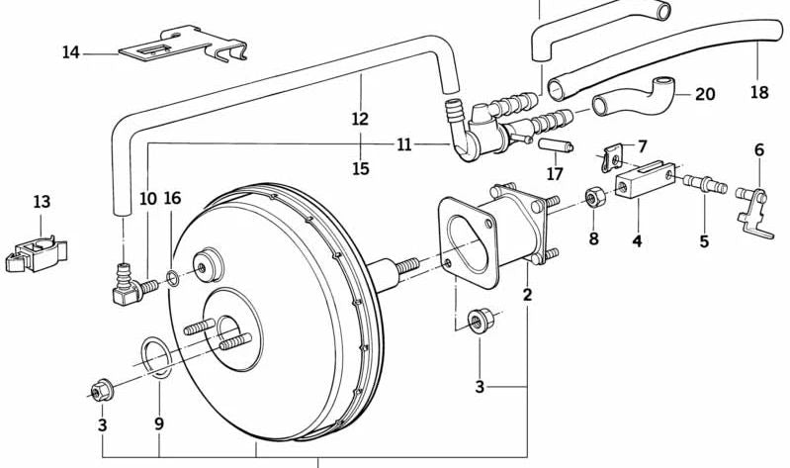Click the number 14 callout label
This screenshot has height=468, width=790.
70,52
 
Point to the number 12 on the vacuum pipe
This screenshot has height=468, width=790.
359,119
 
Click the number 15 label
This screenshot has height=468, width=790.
360,169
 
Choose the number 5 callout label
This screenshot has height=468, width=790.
704,241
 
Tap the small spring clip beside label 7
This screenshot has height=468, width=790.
612,155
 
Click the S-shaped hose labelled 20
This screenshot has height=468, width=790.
638,97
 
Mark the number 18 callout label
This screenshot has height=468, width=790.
759,93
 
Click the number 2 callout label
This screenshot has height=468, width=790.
527,295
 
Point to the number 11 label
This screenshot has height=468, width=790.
403,144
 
